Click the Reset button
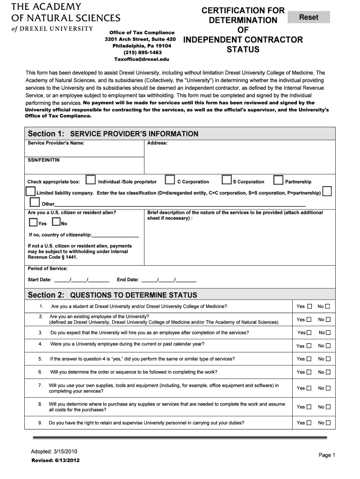tap(309, 17)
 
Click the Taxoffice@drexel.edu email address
tap(142, 59)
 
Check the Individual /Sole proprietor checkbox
tap(91, 181)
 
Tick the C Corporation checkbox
tap(170, 181)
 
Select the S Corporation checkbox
tap(226, 181)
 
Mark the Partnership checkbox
tap(278, 181)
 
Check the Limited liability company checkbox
tap(30, 192)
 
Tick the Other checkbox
tap(35, 202)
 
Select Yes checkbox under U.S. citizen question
tap(33, 222)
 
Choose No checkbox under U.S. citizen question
tap(56, 222)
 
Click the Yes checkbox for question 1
tap(309, 307)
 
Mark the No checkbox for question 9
tap(328, 423)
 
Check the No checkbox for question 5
tap(328, 359)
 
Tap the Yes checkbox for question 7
tap(309, 388)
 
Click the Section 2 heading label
tap(112, 295)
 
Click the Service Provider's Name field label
tap(56, 143)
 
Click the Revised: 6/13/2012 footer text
tap(55, 461)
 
